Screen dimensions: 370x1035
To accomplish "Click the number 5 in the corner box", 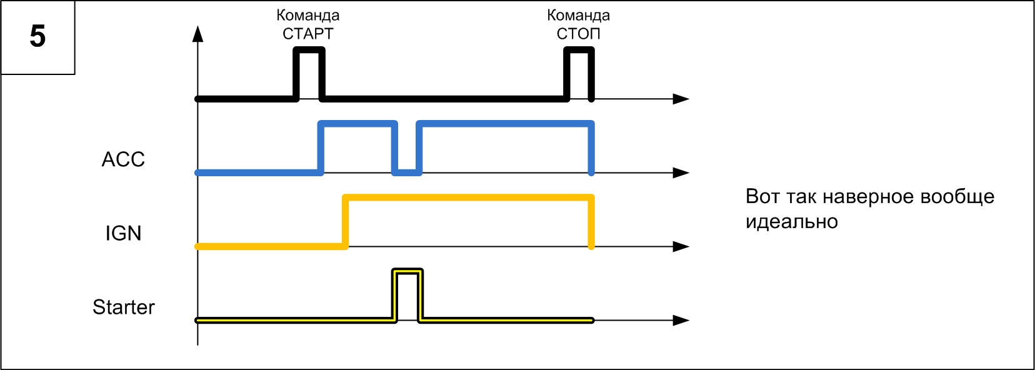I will click(x=37, y=36).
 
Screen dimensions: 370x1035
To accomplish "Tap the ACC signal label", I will click(x=123, y=159).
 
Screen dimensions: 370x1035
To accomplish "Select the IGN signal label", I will click(x=123, y=233).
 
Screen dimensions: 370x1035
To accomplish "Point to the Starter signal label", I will click(x=123, y=307).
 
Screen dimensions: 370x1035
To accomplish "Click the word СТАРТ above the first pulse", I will click(x=308, y=34).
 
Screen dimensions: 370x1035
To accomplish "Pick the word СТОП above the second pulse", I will click(x=578, y=34).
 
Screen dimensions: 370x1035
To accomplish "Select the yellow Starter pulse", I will click(x=407, y=272).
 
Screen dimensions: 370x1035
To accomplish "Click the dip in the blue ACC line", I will click(x=407, y=171).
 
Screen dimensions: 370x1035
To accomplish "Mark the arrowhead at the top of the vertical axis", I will click(x=198, y=34).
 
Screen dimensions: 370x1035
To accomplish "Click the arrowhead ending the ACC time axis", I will click(x=681, y=172).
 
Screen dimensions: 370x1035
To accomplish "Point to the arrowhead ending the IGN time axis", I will click(x=681, y=246).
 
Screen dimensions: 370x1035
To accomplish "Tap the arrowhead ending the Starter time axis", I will click(x=681, y=320).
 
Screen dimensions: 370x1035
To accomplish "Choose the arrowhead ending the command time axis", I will click(x=681, y=99).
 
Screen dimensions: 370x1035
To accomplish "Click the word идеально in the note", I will click(x=791, y=222).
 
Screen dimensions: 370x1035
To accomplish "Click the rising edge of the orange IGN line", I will click(x=345, y=222).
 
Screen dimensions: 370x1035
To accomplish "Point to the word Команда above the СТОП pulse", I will click(x=578, y=15).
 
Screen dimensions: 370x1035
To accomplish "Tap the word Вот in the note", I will click(x=762, y=197).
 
